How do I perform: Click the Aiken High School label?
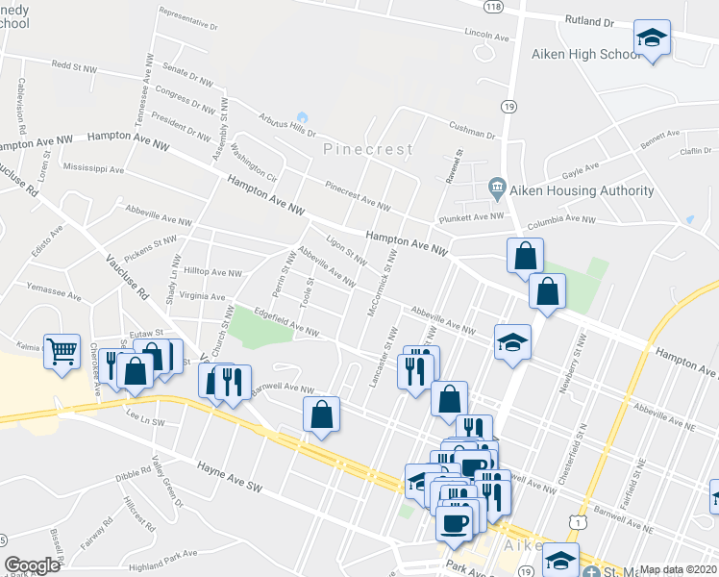tap(585, 54)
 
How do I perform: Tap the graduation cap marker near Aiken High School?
tap(652, 39)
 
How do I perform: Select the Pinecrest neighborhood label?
tap(368, 150)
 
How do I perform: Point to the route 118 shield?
tap(494, 6)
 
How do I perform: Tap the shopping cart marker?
tap(62, 351)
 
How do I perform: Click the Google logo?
tap(32, 565)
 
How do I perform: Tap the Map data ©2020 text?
tap(677, 569)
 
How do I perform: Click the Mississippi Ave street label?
tap(93, 169)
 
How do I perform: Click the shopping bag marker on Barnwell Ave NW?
tap(322, 414)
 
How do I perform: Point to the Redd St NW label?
tap(74, 67)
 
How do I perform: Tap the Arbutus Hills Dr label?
tap(287, 124)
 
